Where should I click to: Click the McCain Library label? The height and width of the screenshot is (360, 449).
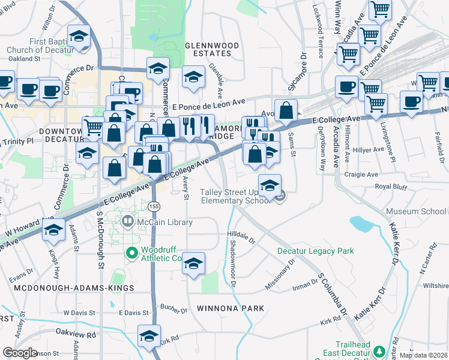164,223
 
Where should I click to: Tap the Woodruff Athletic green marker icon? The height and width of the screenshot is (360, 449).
132,254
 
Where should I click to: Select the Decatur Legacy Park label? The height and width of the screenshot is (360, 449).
315,251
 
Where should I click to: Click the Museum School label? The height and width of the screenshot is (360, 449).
417,211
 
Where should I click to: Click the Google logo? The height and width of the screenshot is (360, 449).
20,352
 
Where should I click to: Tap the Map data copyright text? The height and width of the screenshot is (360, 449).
423,355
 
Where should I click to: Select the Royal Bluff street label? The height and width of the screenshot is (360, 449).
391,186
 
